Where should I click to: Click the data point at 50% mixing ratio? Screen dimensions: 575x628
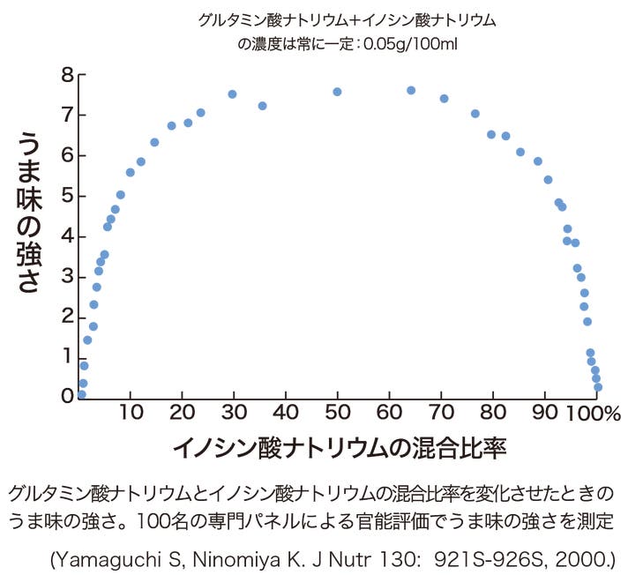click(337, 92)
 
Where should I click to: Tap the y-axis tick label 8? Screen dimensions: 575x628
click(67, 75)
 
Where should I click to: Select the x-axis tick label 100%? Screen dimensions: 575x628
click(601, 412)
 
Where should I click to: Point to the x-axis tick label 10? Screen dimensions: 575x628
click(131, 412)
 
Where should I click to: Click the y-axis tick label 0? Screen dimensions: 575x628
click(67, 396)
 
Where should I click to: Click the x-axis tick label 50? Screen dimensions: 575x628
click(337, 412)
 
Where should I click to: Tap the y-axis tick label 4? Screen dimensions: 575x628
click(67, 235)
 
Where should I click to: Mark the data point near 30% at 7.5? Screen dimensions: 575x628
click(232, 93)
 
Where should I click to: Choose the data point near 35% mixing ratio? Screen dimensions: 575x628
click(262, 106)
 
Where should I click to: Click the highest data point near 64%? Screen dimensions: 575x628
click(411, 90)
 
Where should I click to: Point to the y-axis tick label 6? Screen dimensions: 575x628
click(67, 155)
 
